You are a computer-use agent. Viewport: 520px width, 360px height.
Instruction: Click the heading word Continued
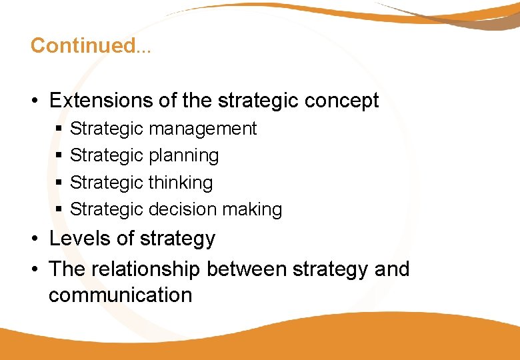tap(82, 45)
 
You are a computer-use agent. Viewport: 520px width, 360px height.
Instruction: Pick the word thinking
tap(181, 183)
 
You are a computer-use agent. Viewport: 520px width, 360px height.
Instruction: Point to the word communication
tap(120, 295)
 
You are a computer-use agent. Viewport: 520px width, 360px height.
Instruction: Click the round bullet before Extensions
tap(33, 101)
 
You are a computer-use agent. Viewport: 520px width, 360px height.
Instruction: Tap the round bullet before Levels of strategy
tap(33, 239)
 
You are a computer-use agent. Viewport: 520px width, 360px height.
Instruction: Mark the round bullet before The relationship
tap(33, 270)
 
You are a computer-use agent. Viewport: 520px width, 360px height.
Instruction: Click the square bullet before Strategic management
tap(59, 129)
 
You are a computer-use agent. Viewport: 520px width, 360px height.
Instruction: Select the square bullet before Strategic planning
tap(59, 156)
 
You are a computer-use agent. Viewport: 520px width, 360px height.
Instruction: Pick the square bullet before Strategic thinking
tap(59, 183)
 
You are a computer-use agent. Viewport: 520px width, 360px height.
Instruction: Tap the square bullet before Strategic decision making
tap(59, 209)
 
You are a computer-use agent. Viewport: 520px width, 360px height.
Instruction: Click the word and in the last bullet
tap(392, 269)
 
